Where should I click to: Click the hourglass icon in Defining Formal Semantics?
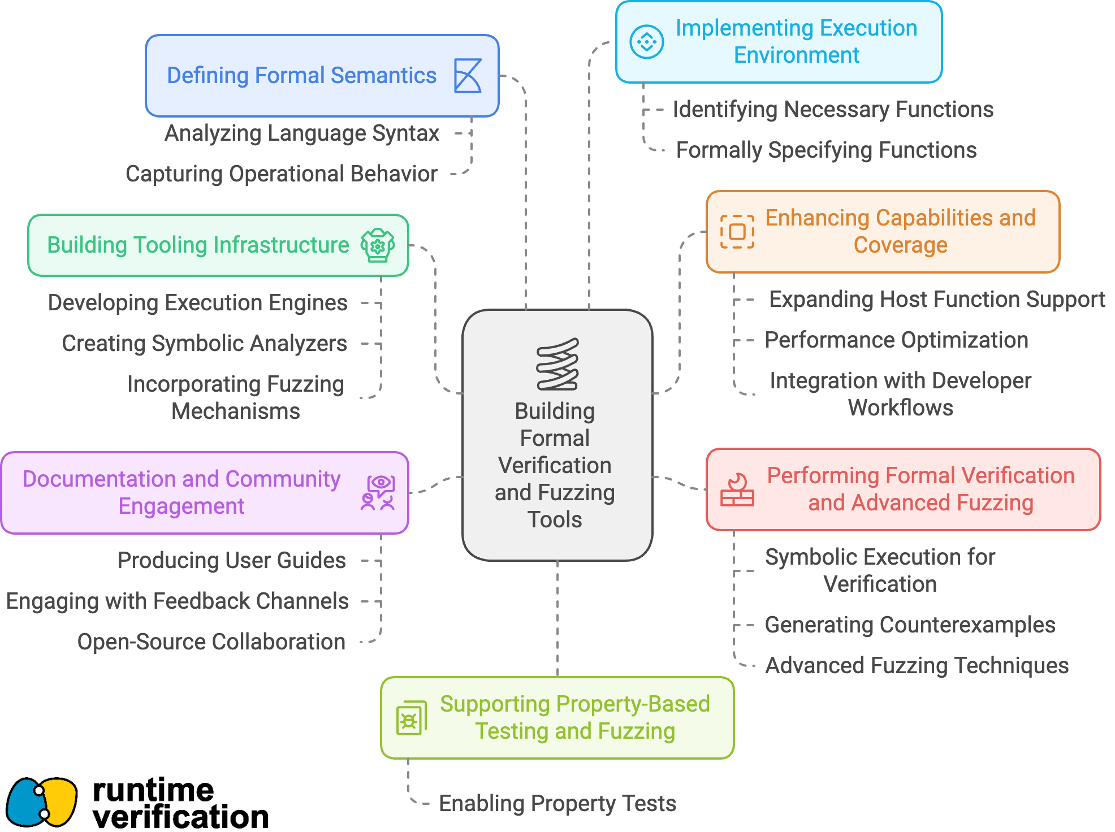(x=468, y=76)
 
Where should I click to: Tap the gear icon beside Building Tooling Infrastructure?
(x=378, y=245)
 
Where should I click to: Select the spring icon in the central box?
(x=557, y=364)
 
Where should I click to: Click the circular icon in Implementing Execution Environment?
(x=646, y=42)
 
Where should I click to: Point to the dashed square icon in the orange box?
(x=737, y=232)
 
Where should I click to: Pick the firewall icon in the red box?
(x=737, y=489)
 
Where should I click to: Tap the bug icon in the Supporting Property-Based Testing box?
(x=412, y=718)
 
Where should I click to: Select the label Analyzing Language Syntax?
(x=302, y=133)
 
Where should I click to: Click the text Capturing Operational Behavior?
(x=282, y=174)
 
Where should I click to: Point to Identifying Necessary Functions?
(x=833, y=110)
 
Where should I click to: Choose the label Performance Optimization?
(x=896, y=340)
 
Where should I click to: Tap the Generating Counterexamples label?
(x=910, y=625)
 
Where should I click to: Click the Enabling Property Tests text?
(x=557, y=804)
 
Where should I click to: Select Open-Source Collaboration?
(x=211, y=642)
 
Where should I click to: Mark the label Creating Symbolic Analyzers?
(x=204, y=344)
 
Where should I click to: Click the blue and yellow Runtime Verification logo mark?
(x=41, y=802)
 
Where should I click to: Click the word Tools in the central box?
(x=555, y=519)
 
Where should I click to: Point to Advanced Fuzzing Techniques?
(x=917, y=666)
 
